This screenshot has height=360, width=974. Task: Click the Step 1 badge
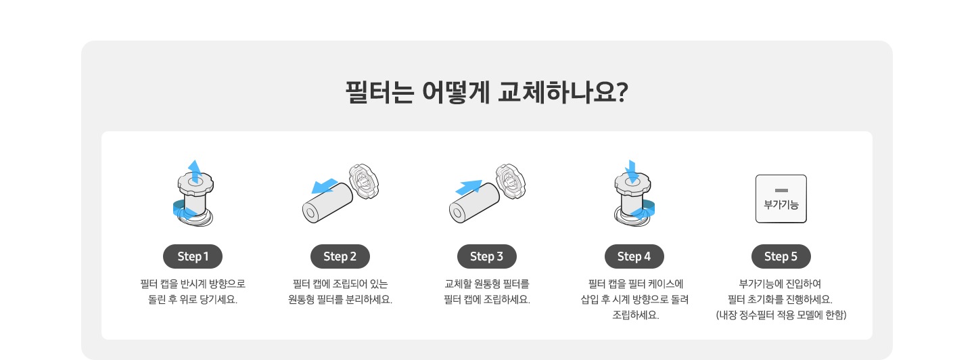[x=193, y=256]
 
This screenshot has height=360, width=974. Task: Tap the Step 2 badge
[x=340, y=256]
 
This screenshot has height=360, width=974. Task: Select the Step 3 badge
[x=487, y=256]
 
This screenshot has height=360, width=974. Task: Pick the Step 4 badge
[x=634, y=256]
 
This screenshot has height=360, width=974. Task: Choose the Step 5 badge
[x=781, y=256]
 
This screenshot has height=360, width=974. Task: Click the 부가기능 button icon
[x=781, y=199]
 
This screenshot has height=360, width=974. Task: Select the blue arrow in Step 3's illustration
[x=469, y=186]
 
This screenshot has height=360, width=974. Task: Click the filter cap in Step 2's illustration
[x=363, y=181]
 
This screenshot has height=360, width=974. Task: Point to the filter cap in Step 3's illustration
[x=510, y=181]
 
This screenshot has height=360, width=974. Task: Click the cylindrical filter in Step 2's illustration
[x=327, y=204]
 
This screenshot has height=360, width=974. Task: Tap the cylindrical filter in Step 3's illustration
[x=474, y=204]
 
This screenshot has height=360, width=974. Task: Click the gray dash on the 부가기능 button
[x=781, y=190]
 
